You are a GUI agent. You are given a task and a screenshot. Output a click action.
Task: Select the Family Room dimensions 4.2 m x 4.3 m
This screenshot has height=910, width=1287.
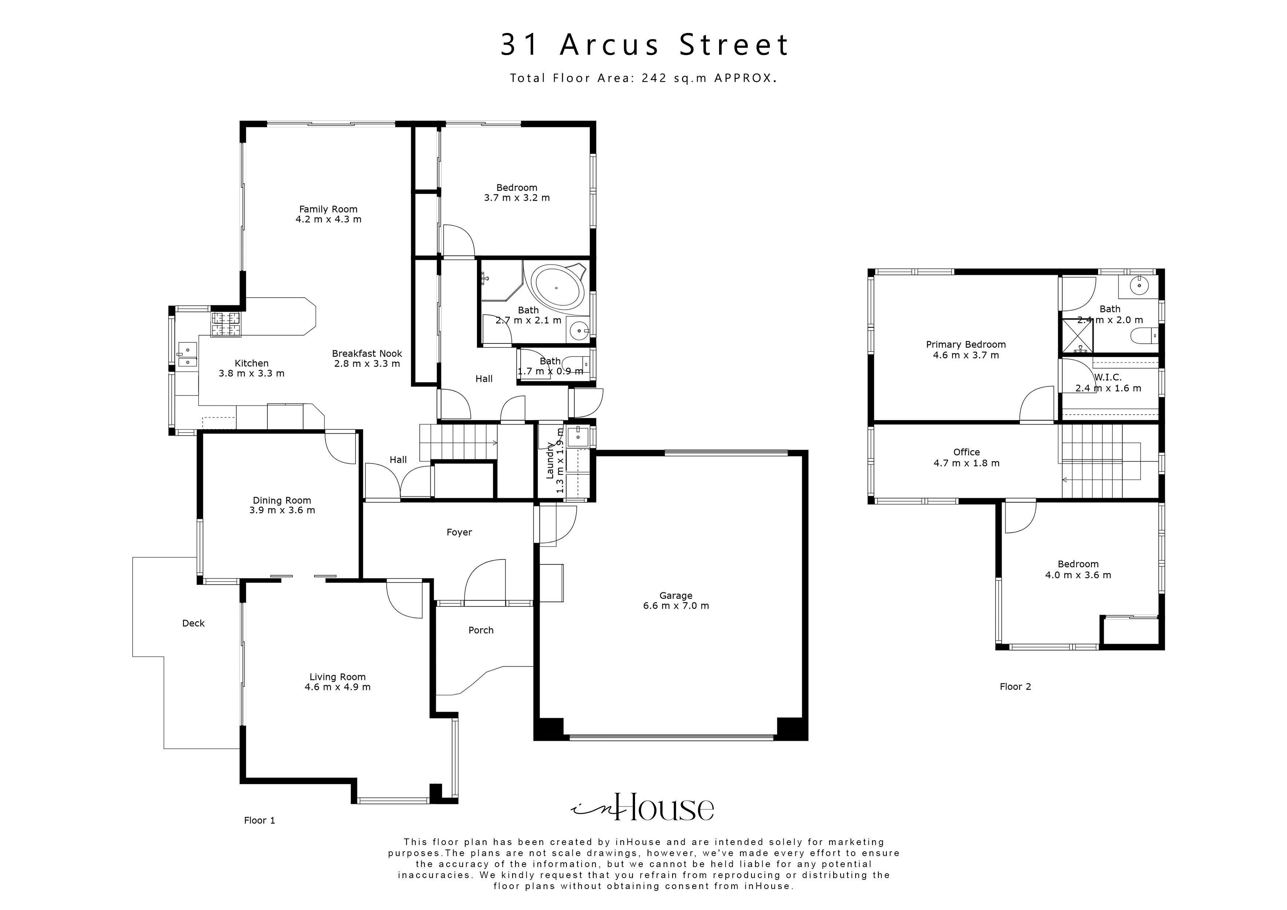click(328, 219)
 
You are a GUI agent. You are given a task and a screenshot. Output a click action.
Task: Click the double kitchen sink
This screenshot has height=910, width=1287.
click(187, 354)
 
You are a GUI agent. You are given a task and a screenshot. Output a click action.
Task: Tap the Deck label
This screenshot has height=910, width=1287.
click(193, 623)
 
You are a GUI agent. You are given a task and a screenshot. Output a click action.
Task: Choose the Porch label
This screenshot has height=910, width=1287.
click(481, 630)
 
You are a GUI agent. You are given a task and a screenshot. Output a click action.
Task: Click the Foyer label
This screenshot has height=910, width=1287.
click(459, 532)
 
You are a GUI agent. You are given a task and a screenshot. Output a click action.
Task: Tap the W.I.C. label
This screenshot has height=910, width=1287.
click(1108, 377)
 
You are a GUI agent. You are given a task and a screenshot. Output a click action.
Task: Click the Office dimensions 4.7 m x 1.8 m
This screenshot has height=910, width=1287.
click(966, 463)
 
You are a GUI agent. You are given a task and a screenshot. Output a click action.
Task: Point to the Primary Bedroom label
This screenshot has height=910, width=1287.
click(966, 344)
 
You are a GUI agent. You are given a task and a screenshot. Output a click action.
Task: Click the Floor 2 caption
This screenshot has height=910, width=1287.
click(1015, 686)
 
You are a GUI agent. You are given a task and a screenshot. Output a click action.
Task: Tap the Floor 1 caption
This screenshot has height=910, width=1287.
click(259, 820)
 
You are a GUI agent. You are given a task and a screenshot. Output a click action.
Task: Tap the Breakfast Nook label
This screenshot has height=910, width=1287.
click(367, 353)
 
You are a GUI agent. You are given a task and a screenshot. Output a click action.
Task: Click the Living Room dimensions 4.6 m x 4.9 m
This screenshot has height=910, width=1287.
click(338, 687)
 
